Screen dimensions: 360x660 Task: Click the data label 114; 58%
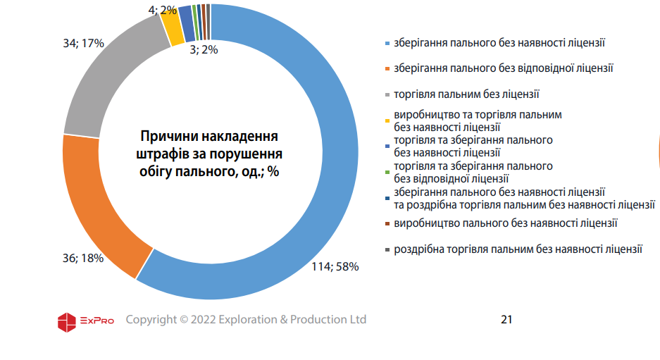pos(335,267)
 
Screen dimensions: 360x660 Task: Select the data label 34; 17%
pos(83,44)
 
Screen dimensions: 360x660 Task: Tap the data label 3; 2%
pos(204,49)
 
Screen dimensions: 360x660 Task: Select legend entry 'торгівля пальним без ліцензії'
pos(466,94)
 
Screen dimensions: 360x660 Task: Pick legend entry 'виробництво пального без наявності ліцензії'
pos(506,223)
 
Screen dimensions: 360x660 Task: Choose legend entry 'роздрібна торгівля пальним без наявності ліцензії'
pos(518,249)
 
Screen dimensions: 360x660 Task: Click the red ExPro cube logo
pos(66,321)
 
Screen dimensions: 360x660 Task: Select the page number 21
pos(506,320)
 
